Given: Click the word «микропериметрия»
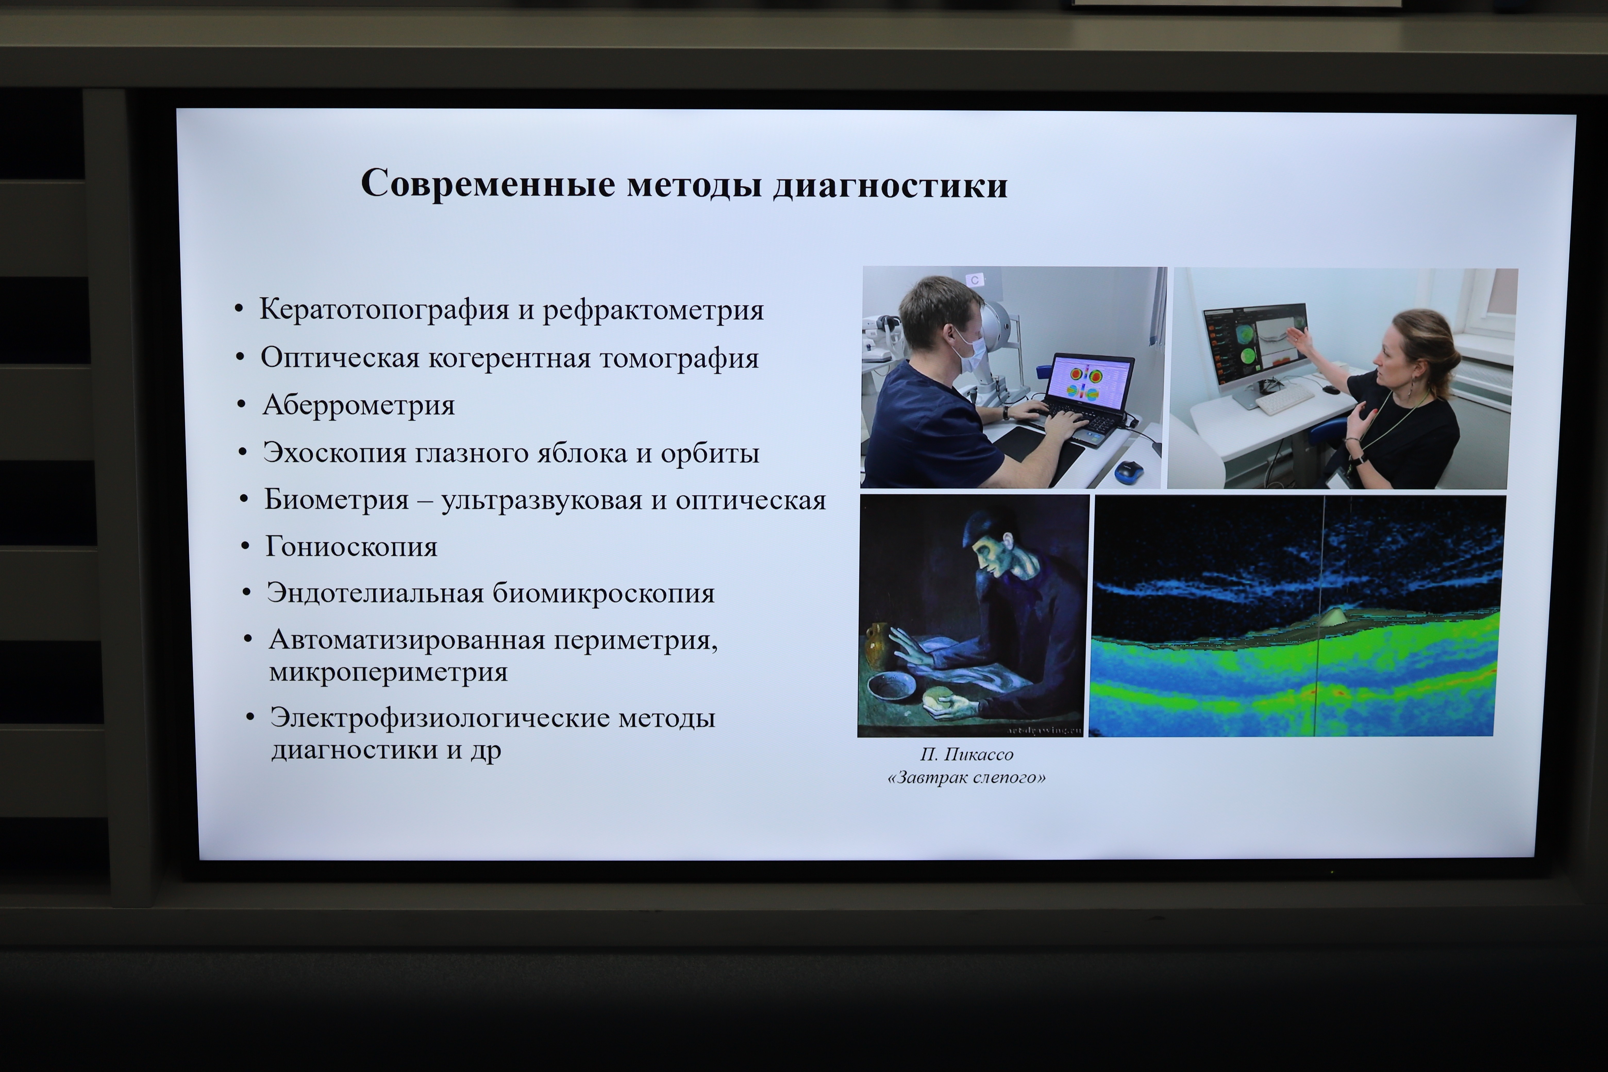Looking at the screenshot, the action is point(388,672).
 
